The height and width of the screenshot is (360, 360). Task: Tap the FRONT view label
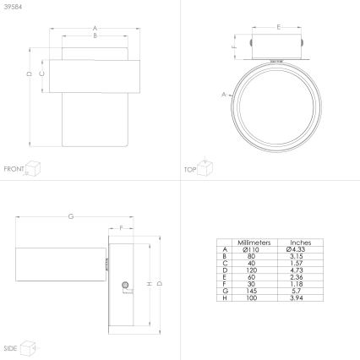pos(14,169)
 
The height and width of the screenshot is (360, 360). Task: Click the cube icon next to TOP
pos(204,166)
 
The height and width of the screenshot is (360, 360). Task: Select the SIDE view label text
pos(10,347)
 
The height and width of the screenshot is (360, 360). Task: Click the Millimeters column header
pos(254,242)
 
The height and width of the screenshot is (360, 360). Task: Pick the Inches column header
pos(300,242)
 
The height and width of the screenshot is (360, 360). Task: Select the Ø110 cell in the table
pos(254,249)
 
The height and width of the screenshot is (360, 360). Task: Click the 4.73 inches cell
pos(300,270)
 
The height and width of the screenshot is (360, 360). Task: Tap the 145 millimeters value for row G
pos(254,290)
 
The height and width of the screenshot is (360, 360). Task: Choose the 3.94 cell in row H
pos(300,297)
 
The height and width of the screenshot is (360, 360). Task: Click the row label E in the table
pos(224,276)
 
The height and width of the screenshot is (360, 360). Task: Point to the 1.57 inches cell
pos(300,263)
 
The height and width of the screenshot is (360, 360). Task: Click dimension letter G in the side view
pos(71,217)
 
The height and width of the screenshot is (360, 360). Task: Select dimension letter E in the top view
pos(278,27)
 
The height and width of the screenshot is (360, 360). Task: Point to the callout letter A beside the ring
pos(224,94)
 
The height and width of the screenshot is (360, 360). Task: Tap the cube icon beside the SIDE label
pos(28,346)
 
